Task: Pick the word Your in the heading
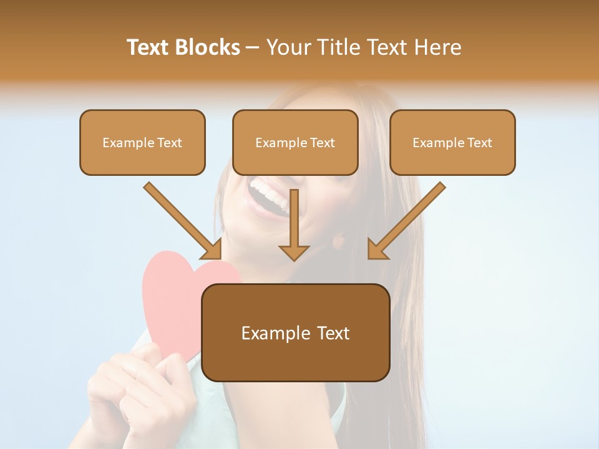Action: point(288,47)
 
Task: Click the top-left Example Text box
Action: point(142,142)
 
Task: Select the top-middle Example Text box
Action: point(295,142)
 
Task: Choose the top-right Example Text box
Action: point(452,142)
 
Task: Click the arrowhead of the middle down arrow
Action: point(294,251)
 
